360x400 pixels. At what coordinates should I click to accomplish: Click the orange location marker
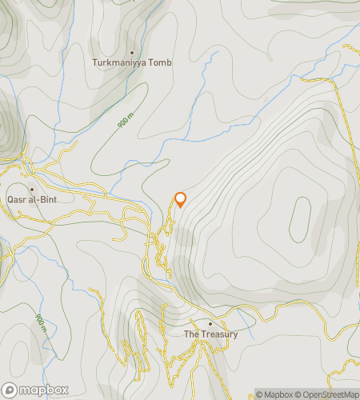click(180, 199)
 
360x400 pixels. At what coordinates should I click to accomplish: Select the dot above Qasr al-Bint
click(30, 185)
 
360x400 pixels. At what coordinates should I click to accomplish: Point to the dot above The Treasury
click(210, 324)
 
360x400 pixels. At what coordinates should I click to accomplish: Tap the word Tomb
click(162, 62)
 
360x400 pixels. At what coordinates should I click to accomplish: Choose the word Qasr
click(17, 195)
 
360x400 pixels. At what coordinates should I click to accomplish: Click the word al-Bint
click(41, 195)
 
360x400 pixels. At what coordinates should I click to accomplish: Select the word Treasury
click(219, 334)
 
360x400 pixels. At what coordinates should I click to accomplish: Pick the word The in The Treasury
click(192, 334)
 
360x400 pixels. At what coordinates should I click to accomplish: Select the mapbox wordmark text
click(42, 390)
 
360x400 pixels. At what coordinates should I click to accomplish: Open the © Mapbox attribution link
click(274, 394)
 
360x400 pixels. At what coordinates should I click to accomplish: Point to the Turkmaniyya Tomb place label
click(132, 62)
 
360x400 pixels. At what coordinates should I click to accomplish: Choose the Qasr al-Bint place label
click(30, 195)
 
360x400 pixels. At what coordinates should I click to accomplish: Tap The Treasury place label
click(210, 334)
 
